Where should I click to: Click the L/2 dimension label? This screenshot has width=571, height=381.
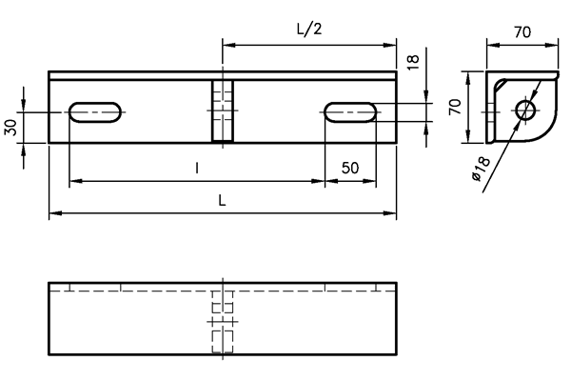pos(309,30)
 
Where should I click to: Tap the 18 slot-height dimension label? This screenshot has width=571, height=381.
pos(413,62)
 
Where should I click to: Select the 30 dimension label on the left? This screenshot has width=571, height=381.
pos(10,128)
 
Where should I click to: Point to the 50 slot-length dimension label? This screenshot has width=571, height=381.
pos(350,168)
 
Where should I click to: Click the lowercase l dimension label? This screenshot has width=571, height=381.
pos(197,168)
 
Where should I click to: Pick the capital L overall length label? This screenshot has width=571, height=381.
pos(222,200)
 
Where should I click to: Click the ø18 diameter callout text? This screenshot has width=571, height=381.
pos(482,169)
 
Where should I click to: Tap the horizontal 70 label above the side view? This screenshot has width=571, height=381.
pos(522,32)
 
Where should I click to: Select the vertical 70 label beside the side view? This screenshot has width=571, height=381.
pos(455,107)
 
